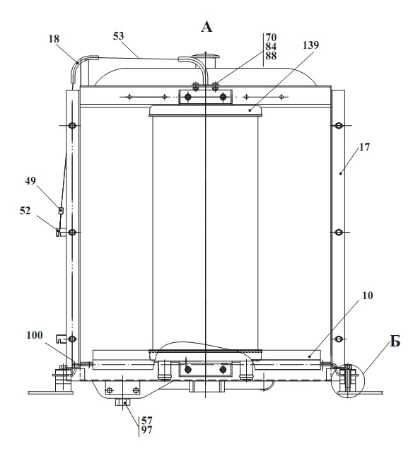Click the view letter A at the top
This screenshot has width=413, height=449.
(x=206, y=27)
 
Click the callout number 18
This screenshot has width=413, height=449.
(x=54, y=39)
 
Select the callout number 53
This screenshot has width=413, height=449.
(x=118, y=36)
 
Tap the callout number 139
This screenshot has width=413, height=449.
(x=310, y=45)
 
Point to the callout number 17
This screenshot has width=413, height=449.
(x=364, y=147)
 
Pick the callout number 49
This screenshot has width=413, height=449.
(x=30, y=181)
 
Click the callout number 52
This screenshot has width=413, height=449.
(x=25, y=211)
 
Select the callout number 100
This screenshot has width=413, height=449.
(x=35, y=335)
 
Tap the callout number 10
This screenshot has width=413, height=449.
(x=368, y=296)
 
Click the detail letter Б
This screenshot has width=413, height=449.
(x=395, y=341)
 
